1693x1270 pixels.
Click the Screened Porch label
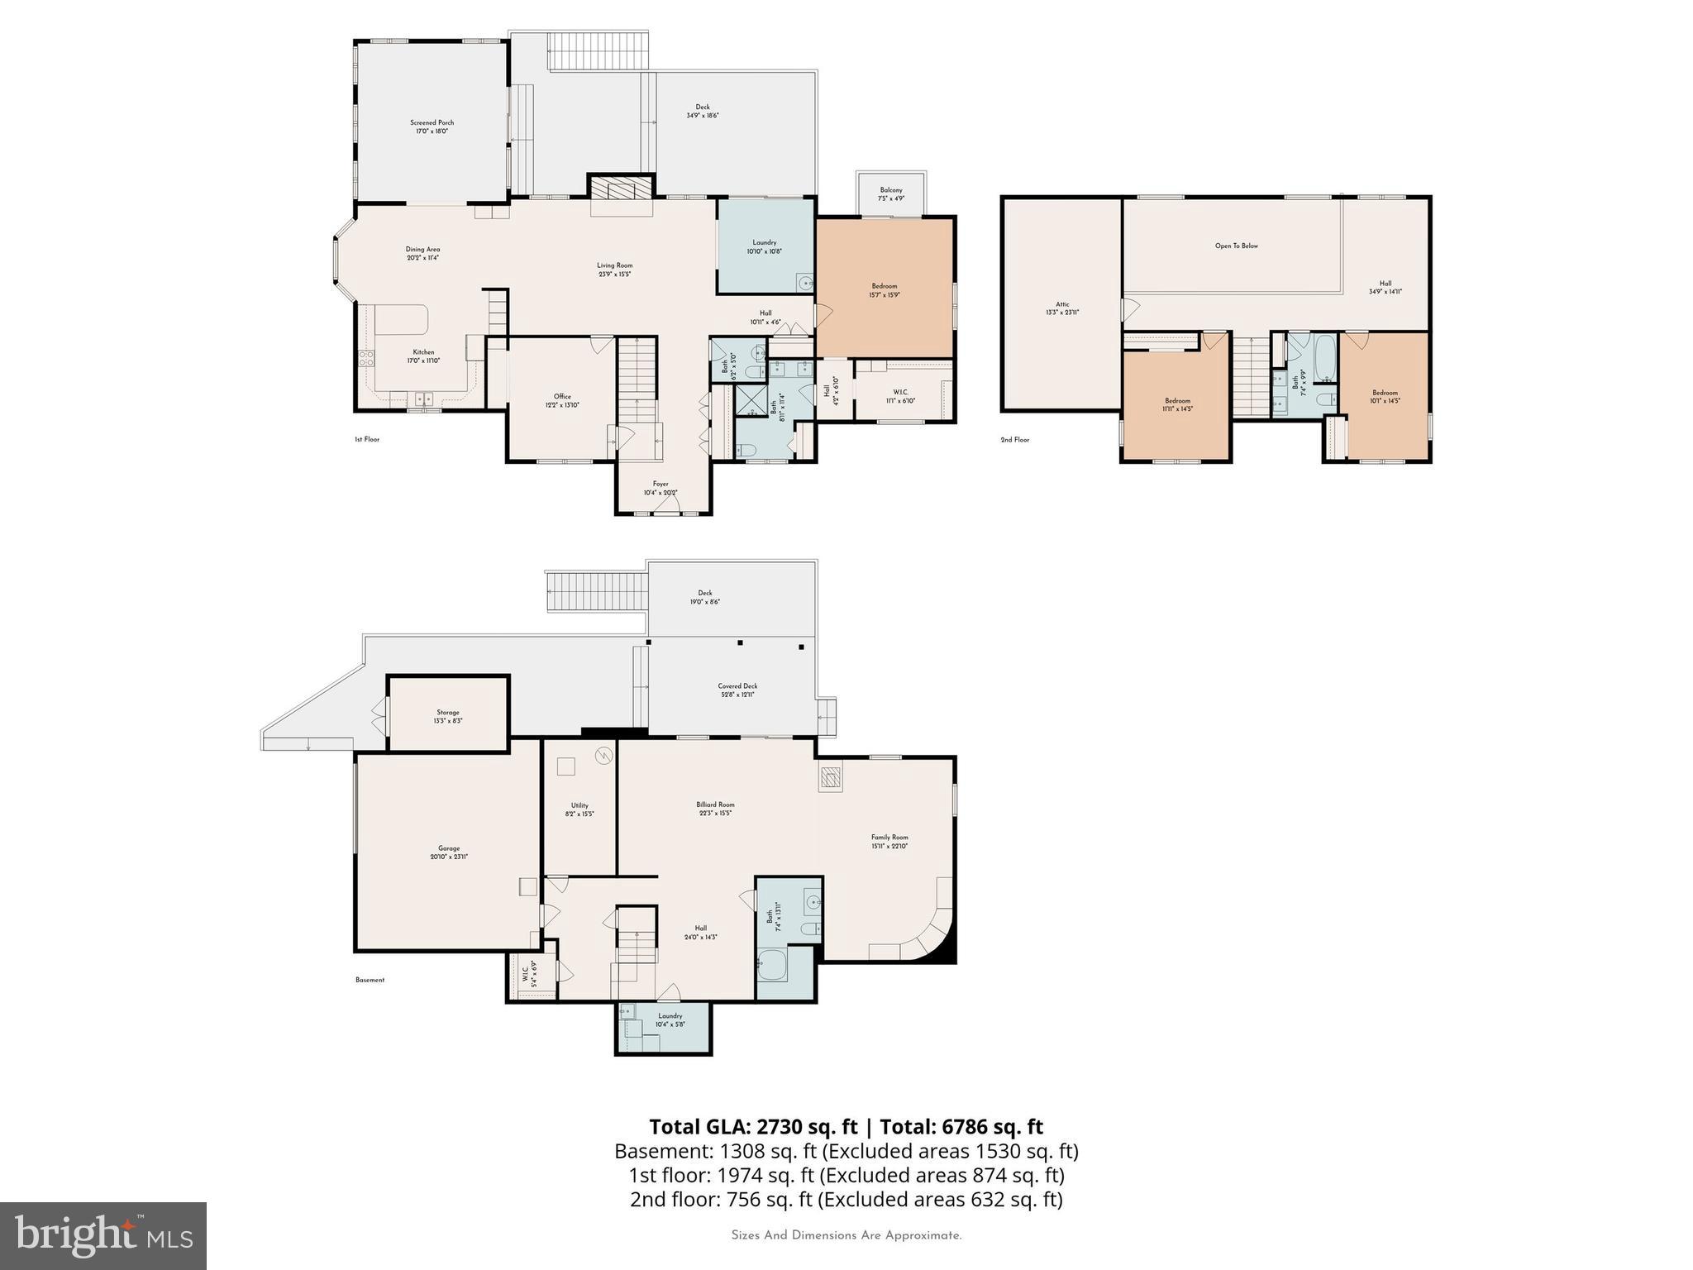click(x=432, y=127)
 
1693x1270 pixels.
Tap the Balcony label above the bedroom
click(x=890, y=194)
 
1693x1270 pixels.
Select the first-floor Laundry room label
click(x=764, y=246)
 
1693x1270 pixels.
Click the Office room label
click(x=562, y=400)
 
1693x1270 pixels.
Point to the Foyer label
click(x=661, y=488)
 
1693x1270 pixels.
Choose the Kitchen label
click(x=423, y=356)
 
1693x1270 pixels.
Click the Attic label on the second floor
click(x=1062, y=308)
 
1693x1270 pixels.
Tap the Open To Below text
click(x=1236, y=246)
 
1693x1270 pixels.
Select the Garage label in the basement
click(x=449, y=852)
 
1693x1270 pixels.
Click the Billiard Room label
click(x=715, y=809)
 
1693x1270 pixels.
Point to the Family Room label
click(x=889, y=841)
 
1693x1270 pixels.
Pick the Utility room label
click(x=579, y=809)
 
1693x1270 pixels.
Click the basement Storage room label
click(x=448, y=716)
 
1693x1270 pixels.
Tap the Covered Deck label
click(x=737, y=690)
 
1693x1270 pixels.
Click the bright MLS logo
click(x=103, y=1235)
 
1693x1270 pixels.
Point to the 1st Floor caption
click(x=366, y=440)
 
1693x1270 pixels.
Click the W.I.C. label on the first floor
click(x=900, y=396)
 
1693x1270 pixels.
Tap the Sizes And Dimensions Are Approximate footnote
click(x=846, y=1235)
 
